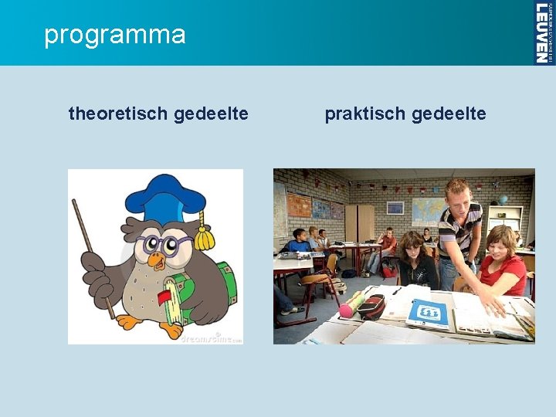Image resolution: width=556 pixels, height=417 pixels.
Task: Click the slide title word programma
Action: (x=115, y=35)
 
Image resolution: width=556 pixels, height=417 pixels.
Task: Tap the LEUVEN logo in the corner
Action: (x=544, y=32)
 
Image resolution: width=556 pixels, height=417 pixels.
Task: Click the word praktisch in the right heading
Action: (x=365, y=114)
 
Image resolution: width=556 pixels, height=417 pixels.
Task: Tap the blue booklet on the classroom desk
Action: (x=429, y=314)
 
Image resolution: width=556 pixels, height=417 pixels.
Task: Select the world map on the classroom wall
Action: (x=427, y=209)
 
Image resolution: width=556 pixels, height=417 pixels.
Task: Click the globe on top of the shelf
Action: (x=503, y=200)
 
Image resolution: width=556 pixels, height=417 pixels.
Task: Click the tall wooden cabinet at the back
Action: (x=359, y=224)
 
